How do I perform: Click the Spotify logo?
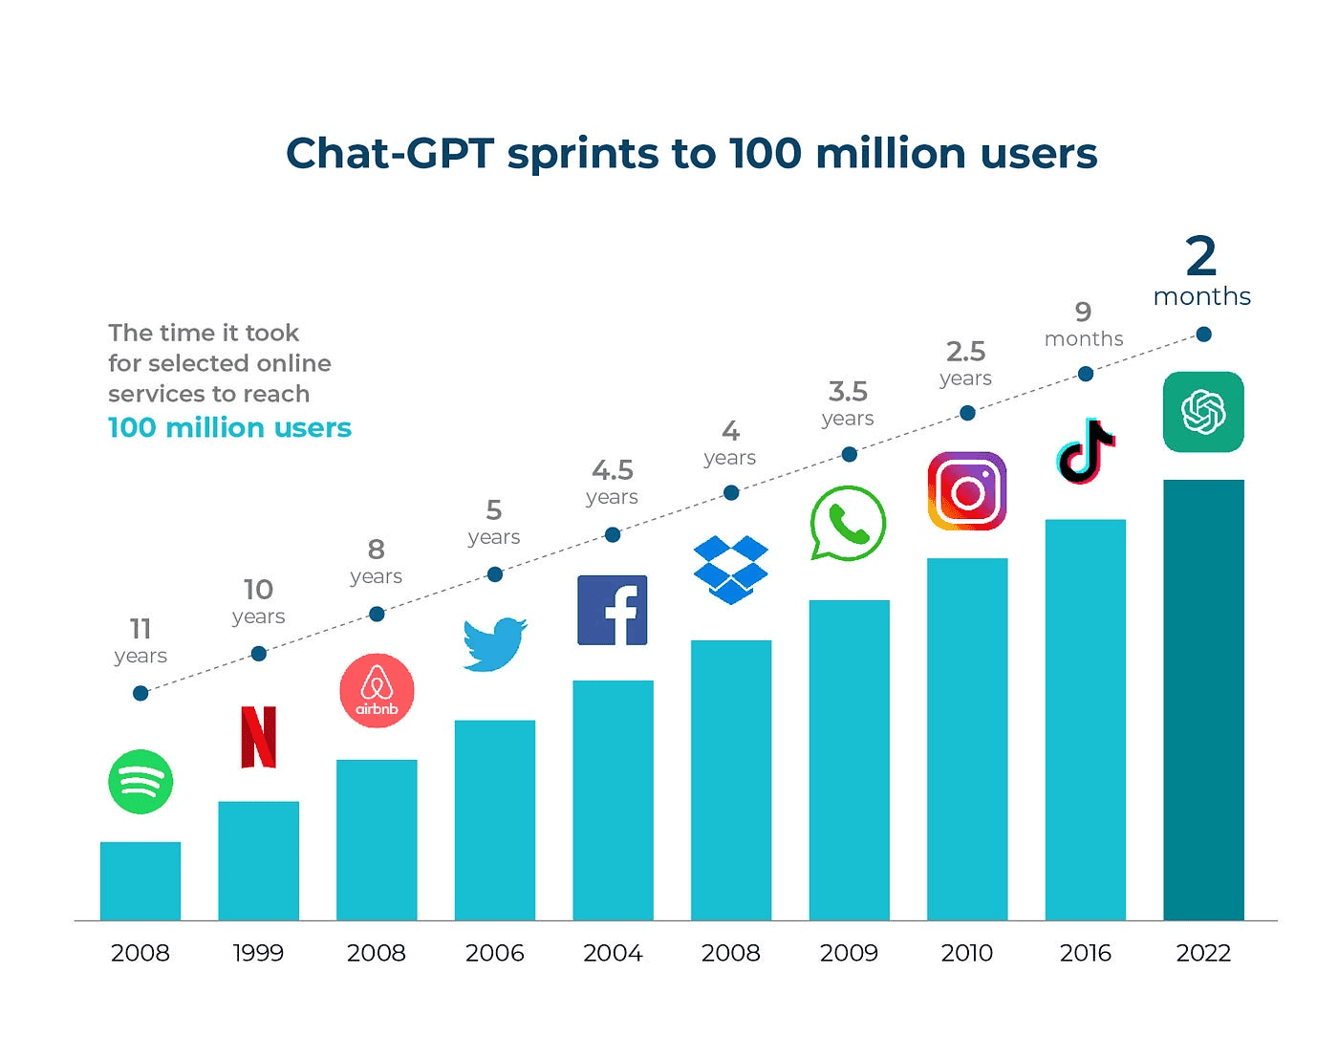pyautogui.click(x=140, y=782)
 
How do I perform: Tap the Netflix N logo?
pyautogui.click(x=258, y=737)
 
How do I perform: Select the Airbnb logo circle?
pyautogui.click(x=377, y=690)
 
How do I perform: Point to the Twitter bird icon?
pyautogui.click(x=494, y=644)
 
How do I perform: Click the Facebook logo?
pyautogui.click(x=613, y=610)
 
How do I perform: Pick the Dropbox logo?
pyautogui.click(x=731, y=570)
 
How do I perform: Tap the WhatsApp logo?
pyautogui.click(x=848, y=523)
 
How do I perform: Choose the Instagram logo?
pyautogui.click(x=967, y=491)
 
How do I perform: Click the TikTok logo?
pyautogui.click(x=1086, y=451)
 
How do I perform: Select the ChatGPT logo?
pyautogui.click(x=1203, y=412)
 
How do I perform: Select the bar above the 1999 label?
pyautogui.click(x=258, y=860)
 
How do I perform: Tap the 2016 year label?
pyautogui.click(x=1086, y=953)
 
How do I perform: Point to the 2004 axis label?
pyautogui.click(x=613, y=953)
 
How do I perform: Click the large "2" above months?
pyautogui.click(x=1201, y=256)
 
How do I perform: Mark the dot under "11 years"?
pyautogui.click(x=140, y=693)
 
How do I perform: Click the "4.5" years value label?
pyautogui.click(x=613, y=470)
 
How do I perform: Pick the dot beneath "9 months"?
pyautogui.click(x=1086, y=374)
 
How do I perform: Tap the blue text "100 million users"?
pyautogui.click(x=229, y=427)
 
